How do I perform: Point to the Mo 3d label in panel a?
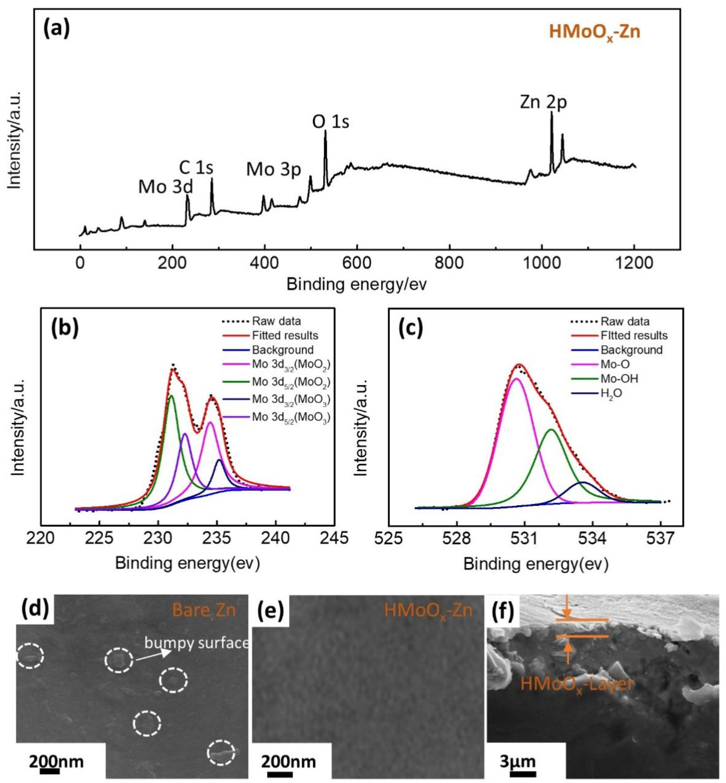coord(165,187)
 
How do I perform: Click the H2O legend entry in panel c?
coord(611,393)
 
